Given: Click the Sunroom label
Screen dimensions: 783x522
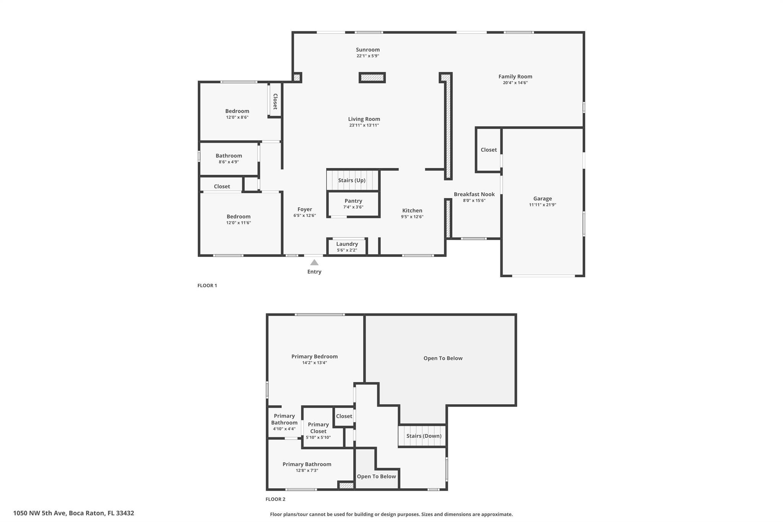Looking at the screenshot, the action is [368, 50].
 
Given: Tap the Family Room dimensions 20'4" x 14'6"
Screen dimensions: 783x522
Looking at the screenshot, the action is [515, 83].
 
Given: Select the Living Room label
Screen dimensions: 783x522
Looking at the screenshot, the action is [364, 119].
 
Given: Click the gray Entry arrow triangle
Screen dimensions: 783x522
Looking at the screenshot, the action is [314, 262].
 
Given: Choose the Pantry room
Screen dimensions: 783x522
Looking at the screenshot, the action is [353, 204].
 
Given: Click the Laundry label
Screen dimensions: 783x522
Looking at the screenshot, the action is [347, 244].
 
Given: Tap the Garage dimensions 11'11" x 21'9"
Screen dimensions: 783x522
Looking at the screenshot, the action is [543, 205].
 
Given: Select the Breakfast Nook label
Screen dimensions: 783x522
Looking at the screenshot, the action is [474, 194].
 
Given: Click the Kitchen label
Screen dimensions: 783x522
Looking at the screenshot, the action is [412, 210].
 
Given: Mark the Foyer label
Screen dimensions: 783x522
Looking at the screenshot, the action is [305, 209].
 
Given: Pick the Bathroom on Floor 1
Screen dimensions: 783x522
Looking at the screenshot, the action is [229, 159].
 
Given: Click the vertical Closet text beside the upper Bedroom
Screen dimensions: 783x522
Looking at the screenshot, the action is [275, 101].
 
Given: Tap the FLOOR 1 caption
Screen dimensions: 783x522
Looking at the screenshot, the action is [207, 285].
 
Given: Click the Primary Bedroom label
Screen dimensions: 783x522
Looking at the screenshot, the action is [315, 356].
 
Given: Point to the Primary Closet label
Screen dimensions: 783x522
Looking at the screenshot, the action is [318, 428].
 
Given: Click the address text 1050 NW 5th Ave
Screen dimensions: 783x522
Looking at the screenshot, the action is [40, 513].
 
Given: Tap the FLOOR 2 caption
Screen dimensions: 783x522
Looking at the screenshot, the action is [276, 499].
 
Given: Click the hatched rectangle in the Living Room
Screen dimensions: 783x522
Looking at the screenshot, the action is [372, 78].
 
